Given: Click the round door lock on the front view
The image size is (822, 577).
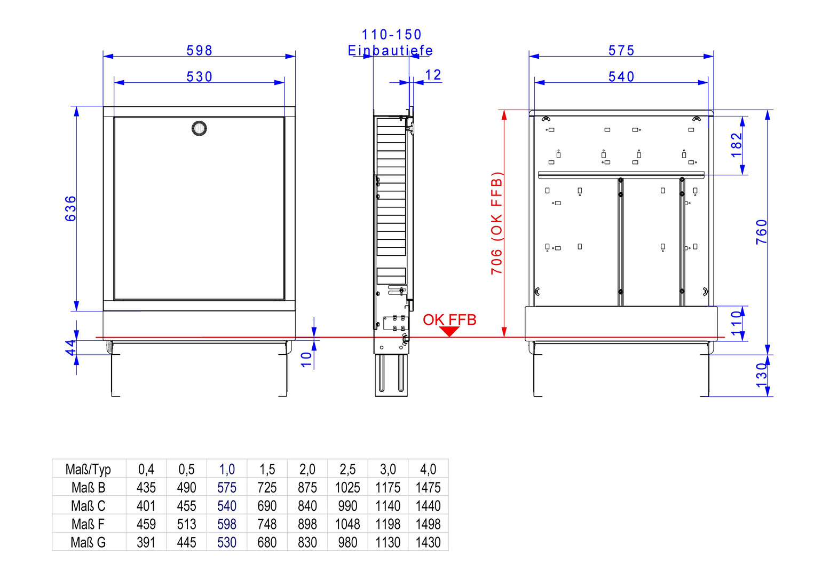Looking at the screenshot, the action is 199,128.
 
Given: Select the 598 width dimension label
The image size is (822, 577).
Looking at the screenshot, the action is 199,50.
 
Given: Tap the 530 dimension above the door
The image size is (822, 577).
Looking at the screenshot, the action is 199,77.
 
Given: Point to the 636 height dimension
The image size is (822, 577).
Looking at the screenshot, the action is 70,208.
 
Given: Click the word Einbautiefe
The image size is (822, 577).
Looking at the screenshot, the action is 391,50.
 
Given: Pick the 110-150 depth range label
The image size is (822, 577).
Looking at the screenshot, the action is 392,35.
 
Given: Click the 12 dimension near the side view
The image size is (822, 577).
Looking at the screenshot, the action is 433,75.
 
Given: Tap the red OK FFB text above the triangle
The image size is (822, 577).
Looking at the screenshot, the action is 449,319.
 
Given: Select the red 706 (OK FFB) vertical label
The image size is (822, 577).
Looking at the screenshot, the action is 496,223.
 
